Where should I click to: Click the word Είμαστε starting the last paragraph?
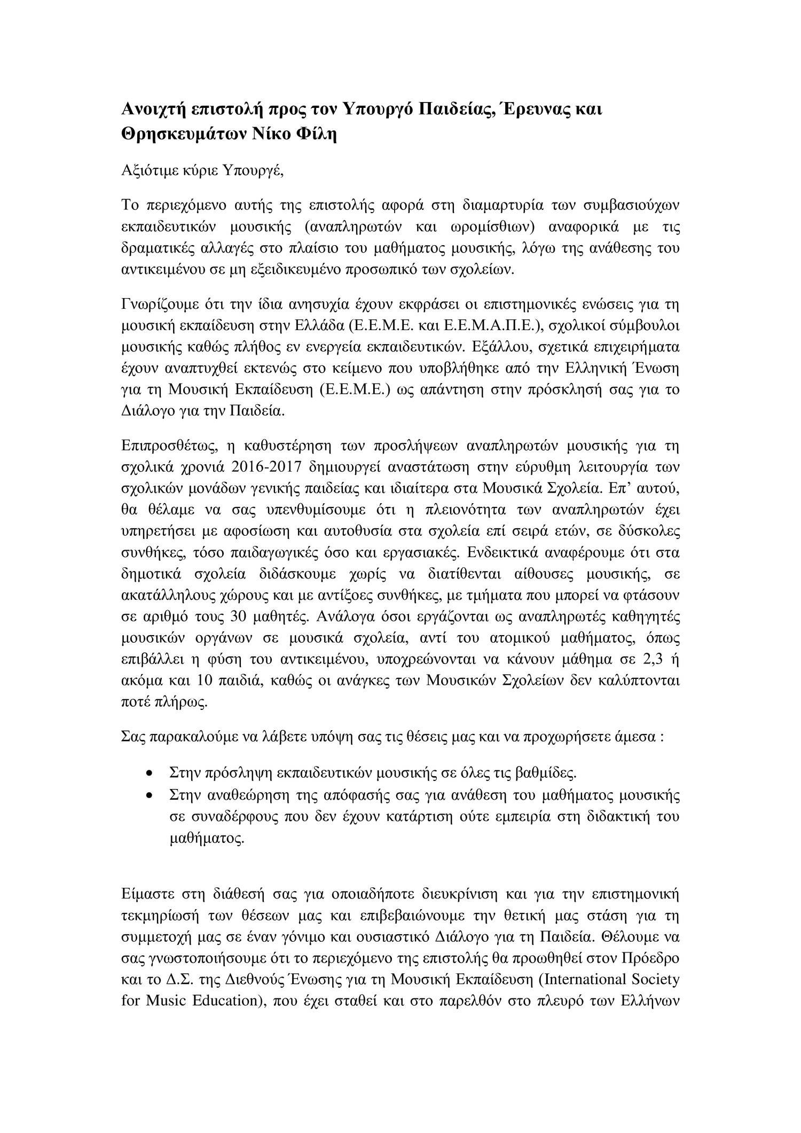tap(145, 893)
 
